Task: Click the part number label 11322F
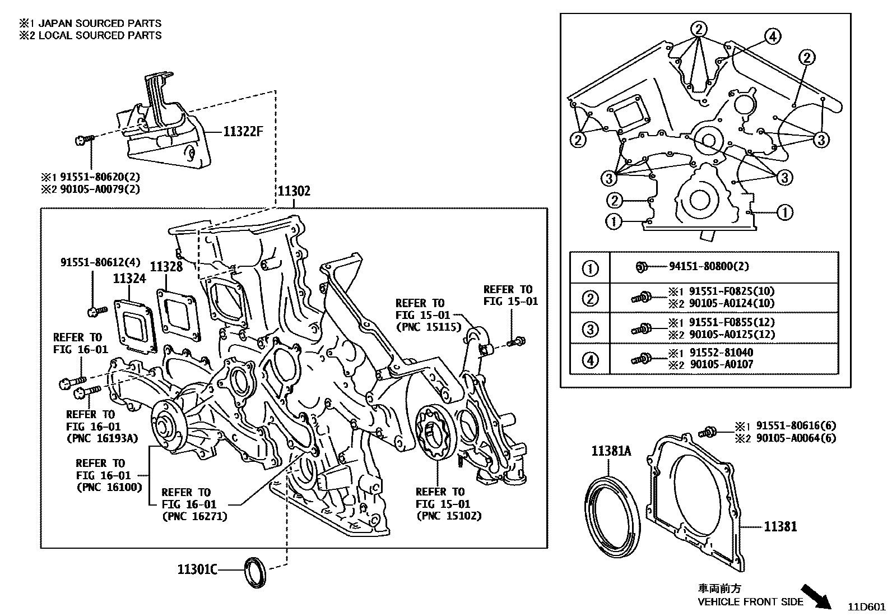[243, 132]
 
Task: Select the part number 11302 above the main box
[294, 191]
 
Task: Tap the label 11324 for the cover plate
[129, 279]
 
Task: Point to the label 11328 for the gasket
[166, 266]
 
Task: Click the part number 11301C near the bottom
[197, 569]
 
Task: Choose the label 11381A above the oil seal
[611, 451]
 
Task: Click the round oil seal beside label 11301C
[254, 572]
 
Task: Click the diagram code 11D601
[866, 606]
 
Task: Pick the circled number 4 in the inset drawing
[772, 37]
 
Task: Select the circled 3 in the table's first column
[590, 329]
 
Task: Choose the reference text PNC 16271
[194, 516]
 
